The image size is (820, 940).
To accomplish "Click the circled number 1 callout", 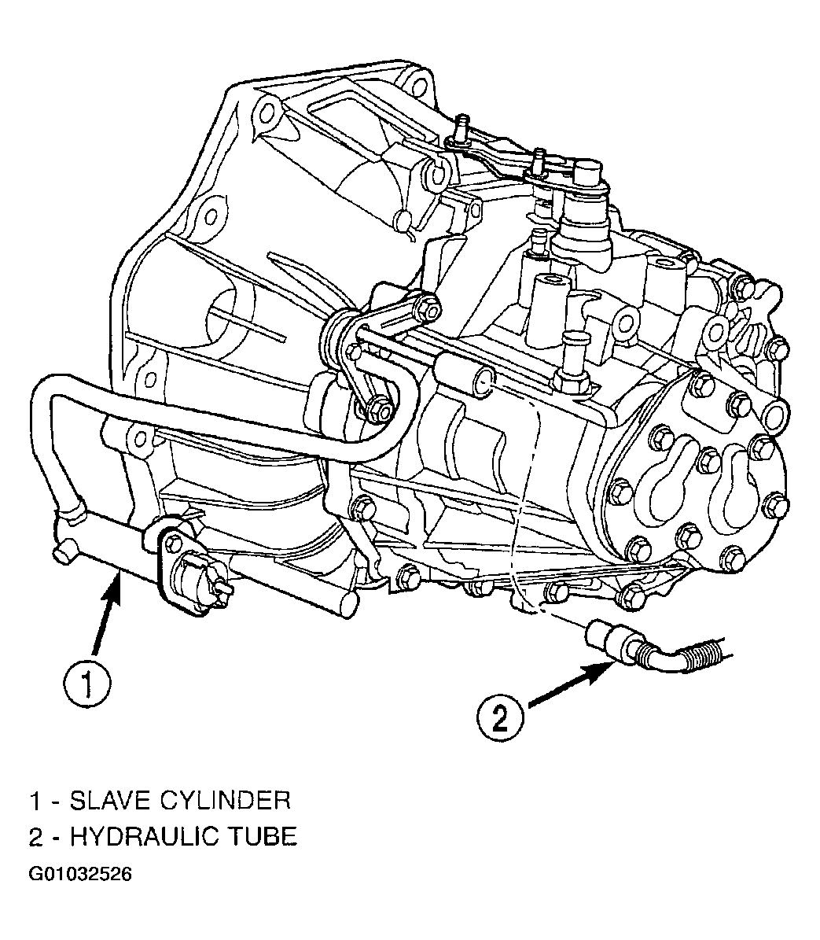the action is click(x=87, y=684).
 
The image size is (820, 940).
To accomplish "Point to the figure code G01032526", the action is click(x=80, y=874).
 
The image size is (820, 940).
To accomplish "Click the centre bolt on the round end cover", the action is click(x=708, y=460).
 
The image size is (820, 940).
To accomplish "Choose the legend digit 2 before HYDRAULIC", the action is click(x=36, y=836).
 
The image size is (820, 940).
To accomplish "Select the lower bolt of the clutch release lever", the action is click(x=378, y=410).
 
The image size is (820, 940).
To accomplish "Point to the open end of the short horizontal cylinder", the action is click(x=484, y=382).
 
